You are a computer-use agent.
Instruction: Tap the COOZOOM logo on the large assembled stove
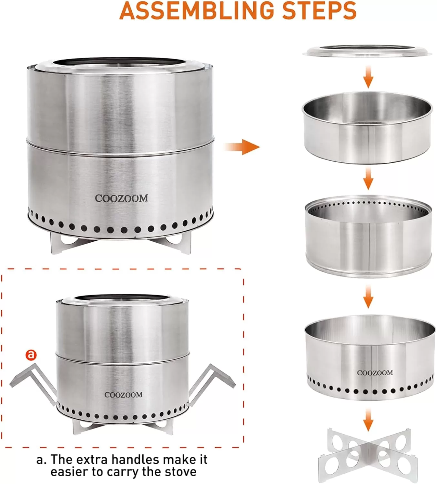click(121, 198)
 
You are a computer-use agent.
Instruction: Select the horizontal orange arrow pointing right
click(242, 147)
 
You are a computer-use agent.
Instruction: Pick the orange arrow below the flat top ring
click(368, 76)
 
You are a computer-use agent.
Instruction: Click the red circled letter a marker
click(31, 355)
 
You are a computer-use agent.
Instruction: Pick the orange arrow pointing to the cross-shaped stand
click(368, 420)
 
